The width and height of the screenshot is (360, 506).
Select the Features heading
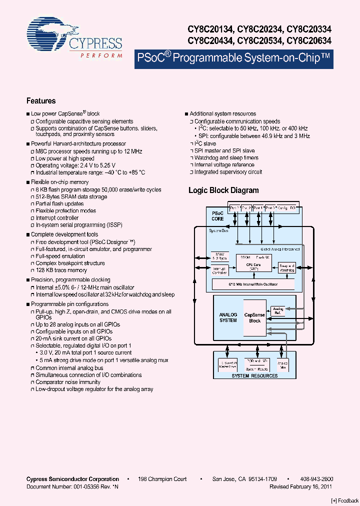pos(41,101)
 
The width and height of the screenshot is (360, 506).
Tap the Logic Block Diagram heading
pos(223,190)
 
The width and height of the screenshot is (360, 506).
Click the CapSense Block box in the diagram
pos(254,318)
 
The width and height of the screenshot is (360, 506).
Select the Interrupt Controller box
pos(219,270)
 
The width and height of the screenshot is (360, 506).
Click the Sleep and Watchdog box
pos(286,268)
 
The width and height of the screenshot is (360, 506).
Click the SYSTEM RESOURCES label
pos(254,375)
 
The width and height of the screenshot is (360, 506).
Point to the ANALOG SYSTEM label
pos(228,317)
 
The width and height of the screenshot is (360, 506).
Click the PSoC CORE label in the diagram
pos(217,216)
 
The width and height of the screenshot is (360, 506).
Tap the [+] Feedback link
pos(344,500)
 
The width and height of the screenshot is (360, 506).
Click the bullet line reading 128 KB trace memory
pos(61,270)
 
